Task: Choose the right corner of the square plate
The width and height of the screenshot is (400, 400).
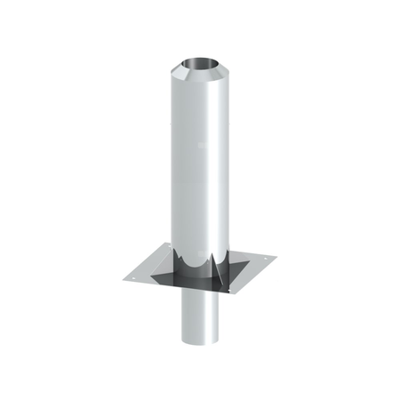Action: tap(276, 258)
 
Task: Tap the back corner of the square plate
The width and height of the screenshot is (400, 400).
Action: tap(221, 236)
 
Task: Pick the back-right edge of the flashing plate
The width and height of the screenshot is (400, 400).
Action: tap(251, 246)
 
